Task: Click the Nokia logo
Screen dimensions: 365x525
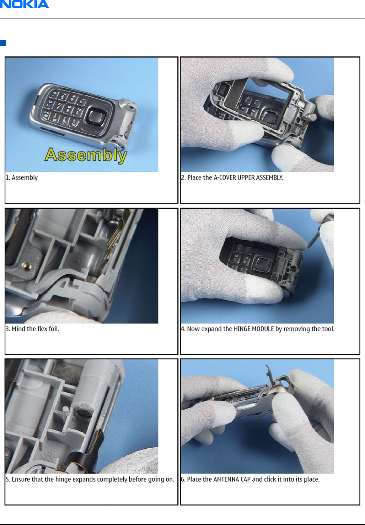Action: tap(25, 4)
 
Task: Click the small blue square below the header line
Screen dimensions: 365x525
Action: tap(3, 43)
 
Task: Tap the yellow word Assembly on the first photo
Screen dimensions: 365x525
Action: tap(86, 155)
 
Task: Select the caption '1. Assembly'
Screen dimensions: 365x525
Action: tap(21, 177)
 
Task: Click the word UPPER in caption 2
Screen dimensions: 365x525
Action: tap(246, 177)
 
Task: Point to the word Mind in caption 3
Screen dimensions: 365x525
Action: tap(18, 329)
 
